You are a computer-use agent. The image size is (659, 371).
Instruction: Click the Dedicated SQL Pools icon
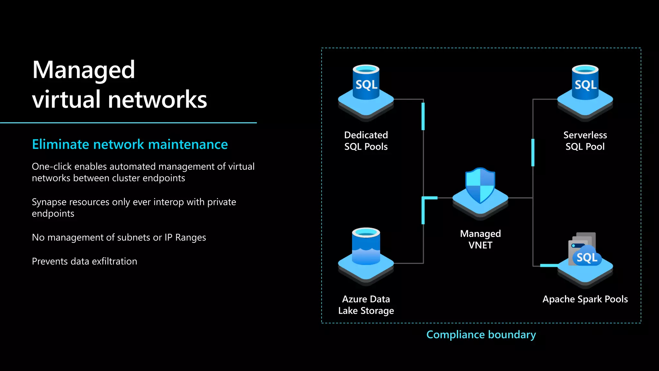[x=366, y=93]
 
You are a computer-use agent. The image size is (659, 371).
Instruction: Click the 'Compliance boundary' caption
[x=481, y=335]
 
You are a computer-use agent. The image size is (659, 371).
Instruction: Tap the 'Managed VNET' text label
[x=480, y=239]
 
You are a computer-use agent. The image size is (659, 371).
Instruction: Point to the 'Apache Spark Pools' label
[x=585, y=299]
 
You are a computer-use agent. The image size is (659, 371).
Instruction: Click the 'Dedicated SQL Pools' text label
[x=366, y=141]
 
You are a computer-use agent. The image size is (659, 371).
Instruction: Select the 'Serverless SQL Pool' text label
[x=585, y=141]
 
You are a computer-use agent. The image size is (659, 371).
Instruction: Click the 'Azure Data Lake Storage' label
[x=366, y=305]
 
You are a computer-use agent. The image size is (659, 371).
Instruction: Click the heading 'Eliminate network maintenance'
[x=130, y=144]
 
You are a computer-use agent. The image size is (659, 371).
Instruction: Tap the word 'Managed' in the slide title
[x=83, y=70]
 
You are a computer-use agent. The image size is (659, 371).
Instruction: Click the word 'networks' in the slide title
[x=157, y=100]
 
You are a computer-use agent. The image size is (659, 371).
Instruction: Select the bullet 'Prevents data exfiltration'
[x=84, y=261]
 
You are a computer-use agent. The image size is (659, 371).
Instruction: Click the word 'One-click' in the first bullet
[x=51, y=166]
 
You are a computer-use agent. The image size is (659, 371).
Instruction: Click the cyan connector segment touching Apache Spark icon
[x=549, y=265]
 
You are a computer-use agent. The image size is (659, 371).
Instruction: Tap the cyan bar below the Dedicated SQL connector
[x=423, y=116]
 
